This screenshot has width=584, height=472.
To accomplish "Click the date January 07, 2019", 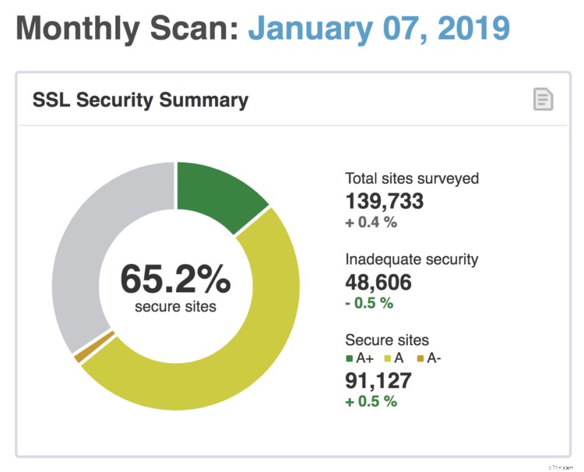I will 378,29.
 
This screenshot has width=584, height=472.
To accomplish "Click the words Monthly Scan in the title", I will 127,29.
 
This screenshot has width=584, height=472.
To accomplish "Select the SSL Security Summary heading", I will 140,100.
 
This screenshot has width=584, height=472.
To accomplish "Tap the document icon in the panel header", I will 543,100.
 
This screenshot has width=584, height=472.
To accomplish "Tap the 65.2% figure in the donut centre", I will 175,278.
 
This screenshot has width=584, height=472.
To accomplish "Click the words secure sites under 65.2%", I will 175,306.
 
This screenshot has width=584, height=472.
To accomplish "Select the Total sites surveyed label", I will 412,178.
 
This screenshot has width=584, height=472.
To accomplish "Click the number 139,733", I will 385,201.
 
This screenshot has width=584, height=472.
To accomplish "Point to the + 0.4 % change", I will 371,223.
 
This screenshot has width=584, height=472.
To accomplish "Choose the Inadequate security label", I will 412,259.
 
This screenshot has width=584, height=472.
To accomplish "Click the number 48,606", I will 378,282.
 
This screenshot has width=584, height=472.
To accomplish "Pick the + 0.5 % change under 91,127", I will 371,401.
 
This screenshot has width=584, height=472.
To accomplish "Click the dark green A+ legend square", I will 350,359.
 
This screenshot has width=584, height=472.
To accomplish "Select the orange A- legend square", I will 418,359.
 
